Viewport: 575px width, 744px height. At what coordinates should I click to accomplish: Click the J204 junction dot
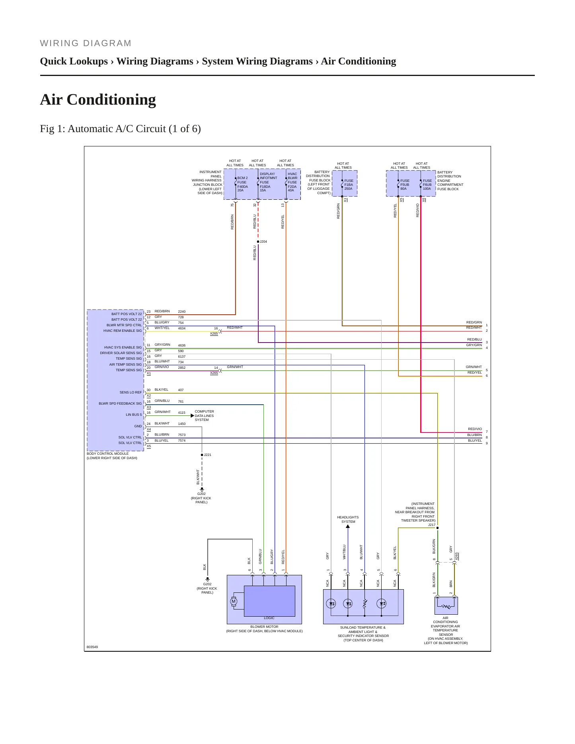coord(258,242)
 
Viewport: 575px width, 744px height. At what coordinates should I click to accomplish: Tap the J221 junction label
coord(208,455)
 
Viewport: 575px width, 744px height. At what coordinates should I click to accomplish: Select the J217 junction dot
coord(438,528)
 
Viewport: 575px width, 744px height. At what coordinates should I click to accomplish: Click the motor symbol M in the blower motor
coord(234,601)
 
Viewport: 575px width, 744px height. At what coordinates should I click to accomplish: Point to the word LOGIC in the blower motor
coord(269,618)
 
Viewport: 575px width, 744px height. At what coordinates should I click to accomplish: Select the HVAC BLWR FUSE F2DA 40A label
coord(292,182)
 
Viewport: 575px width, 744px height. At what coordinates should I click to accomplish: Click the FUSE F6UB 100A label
coord(427,185)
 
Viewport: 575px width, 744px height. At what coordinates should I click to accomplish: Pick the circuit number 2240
coord(182,312)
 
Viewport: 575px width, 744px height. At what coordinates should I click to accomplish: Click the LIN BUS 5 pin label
coord(134,415)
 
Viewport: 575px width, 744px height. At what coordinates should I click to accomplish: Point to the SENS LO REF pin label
coord(131,392)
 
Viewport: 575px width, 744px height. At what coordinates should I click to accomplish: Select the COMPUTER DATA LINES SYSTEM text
coord(204,416)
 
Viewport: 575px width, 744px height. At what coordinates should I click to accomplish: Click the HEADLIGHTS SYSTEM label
coord(348,520)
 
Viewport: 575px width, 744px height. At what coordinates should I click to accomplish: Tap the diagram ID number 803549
coord(92,647)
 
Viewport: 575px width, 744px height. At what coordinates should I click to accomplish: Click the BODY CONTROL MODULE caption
coord(112,456)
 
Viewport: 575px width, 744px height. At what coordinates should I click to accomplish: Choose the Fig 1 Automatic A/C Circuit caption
coord(120,129)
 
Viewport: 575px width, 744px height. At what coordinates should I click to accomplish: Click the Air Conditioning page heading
coord(98,99)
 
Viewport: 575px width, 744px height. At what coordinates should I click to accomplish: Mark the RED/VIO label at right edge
coord(475,429)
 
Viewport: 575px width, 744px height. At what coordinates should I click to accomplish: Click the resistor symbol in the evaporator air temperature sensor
coord(446,607)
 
